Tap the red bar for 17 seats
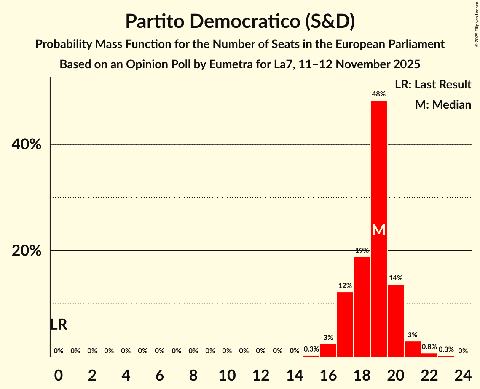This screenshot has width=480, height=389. [345, 324]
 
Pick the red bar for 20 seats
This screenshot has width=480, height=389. [395, 320]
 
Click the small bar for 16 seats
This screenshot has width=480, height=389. [328, 350]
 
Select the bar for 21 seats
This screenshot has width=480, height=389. [412, 349]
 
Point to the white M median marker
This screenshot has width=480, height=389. [379, 230]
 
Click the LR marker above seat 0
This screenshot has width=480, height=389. [59, 325]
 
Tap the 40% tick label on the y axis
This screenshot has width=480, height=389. [27, 144]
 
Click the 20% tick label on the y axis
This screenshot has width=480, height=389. [27, 251]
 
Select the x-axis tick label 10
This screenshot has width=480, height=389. [227, 373]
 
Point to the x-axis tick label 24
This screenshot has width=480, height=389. [463, 373]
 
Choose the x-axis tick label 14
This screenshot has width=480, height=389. [294, 373]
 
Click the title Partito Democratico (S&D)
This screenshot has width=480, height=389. [240, 21]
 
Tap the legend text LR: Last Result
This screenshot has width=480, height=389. [433, 85]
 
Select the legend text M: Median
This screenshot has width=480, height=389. [443, 104]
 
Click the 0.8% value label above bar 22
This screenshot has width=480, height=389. [429, 347]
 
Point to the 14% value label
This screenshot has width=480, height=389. [395, 278]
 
